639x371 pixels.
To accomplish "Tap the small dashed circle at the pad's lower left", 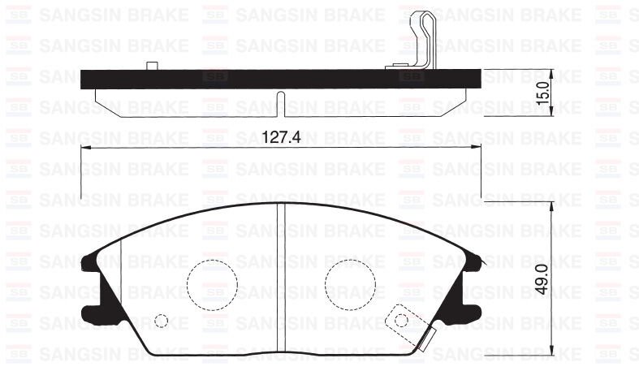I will tap(162, 321).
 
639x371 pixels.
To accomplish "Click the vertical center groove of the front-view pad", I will tap(280, 276).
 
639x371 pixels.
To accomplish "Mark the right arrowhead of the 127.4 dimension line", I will tap(477, 147).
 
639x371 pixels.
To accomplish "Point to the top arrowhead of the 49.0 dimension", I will tap(552, 203).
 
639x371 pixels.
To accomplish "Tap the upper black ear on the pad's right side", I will tap(472, 261).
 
